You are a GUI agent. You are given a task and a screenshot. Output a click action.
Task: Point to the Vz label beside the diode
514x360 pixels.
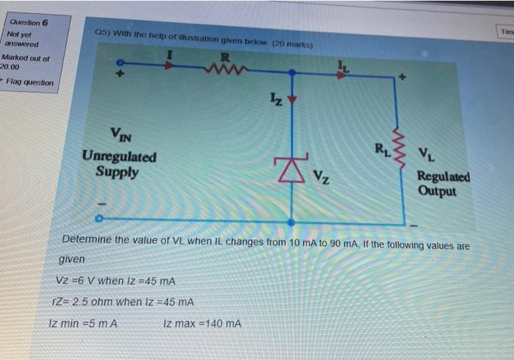pyautogui.click(x=322, y=176)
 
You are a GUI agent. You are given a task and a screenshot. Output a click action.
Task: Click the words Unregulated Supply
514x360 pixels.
pyautogui.click(x=119, y=164)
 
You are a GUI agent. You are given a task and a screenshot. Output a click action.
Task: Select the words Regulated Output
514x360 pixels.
pyautogui.click(x=444, y=184)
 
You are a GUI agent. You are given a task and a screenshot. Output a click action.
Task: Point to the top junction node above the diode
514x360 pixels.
pyautogui.click(x=292, y=73)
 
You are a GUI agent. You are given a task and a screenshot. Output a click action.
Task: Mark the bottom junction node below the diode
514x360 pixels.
pyautogui.click(x=292, y=221)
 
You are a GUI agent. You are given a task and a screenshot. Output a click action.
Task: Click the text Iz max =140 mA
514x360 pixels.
pyautogui.click(x=202, y=323)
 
